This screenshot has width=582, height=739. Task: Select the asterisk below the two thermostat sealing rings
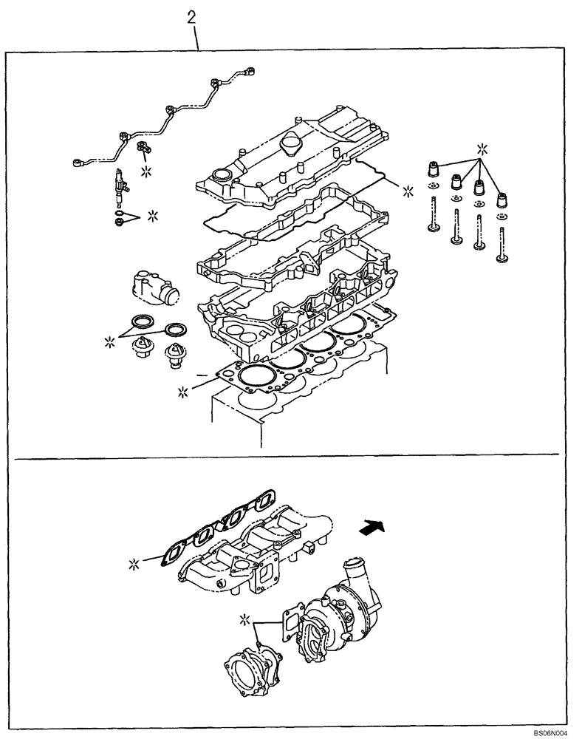112,341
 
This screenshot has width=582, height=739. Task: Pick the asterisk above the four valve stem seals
482,146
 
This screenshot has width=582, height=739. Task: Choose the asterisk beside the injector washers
153,216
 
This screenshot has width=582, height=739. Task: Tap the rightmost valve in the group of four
504,244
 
